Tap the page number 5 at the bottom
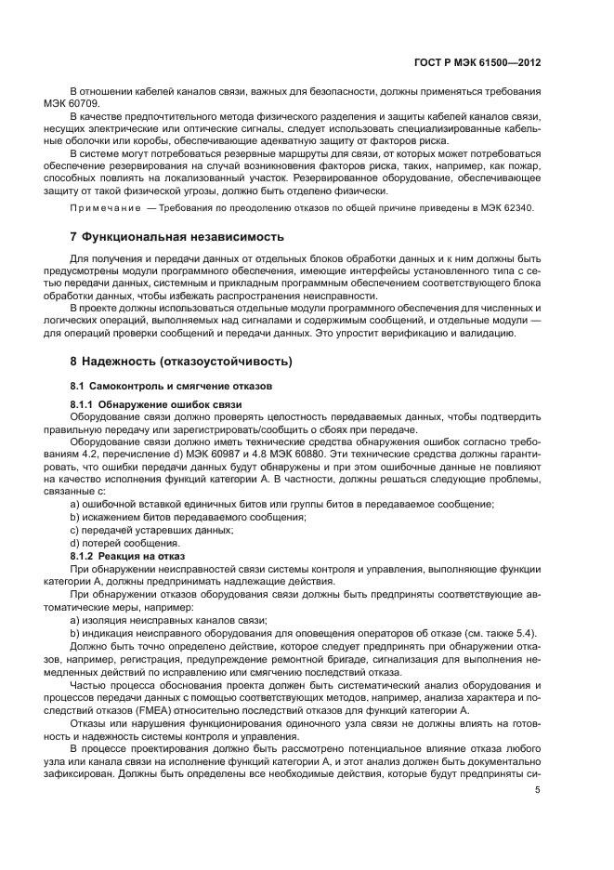point(538,789)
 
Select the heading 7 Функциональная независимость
point(177,237)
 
